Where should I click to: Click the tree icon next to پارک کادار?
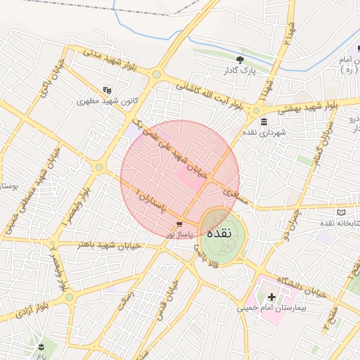(240, 60)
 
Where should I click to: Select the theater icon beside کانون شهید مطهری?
(107, 90)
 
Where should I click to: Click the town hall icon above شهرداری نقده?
(263, 122)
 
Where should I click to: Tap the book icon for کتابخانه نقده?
(342, 212)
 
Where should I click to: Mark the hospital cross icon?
(271, 297)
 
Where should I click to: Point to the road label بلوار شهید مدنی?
(113, 60)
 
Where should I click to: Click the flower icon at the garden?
(40, 347)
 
